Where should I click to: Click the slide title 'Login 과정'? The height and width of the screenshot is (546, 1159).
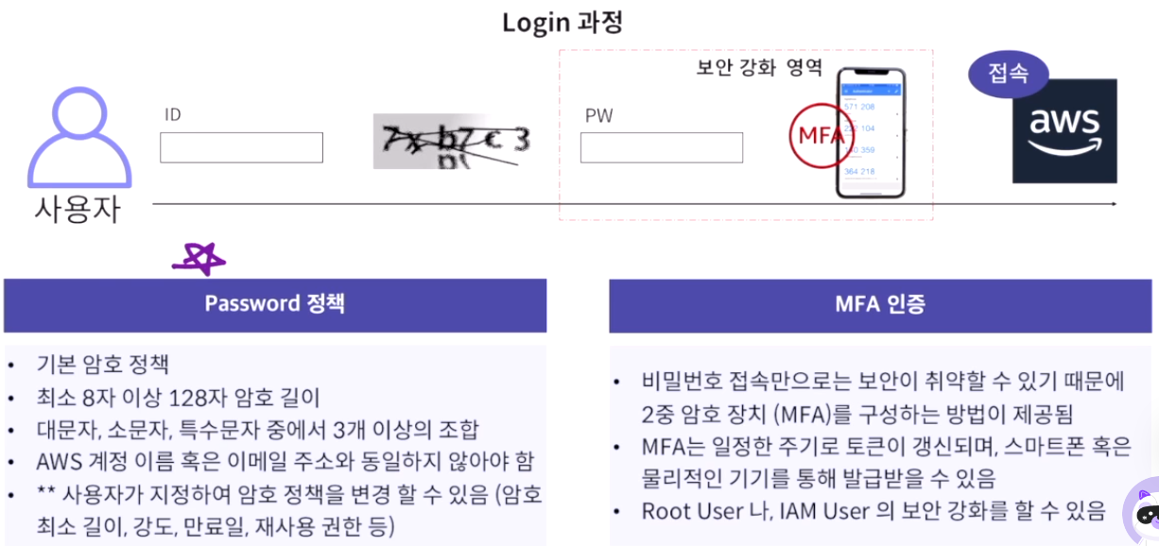point(562,22)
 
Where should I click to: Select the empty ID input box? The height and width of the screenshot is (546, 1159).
point(241,147)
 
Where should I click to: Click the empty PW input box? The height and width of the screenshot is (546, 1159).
point(661,147)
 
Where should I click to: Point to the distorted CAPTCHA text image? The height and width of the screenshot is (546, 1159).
point(451,142)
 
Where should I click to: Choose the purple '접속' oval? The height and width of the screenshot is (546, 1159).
point(1009,74)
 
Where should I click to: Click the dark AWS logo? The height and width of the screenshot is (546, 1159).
point(1064,130)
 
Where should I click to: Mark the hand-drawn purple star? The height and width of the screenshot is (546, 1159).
point(199,259)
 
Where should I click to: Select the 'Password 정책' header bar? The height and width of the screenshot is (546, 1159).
point(275,304)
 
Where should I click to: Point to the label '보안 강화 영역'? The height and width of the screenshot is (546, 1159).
point(759,68)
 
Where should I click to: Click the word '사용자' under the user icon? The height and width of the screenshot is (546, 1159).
point(78,208)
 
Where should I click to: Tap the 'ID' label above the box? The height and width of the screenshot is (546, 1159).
point(172,115)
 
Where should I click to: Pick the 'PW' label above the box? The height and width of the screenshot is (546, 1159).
point(598,116)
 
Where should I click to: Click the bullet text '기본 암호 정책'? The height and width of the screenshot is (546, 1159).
point(103,365)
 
